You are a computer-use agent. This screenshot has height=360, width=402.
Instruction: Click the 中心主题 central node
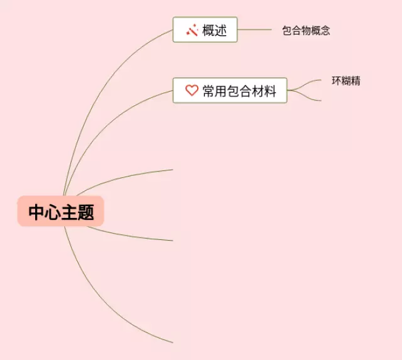pyautogui.click(x=60, y=212)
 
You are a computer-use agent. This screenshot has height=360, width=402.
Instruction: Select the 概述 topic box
pyautogui.click(x=205, y=30)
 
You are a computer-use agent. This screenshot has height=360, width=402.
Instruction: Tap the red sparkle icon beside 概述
pyautogui.click(x=192, y=30)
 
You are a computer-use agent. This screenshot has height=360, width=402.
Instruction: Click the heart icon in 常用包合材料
pyautogui.click(x=192, y=91)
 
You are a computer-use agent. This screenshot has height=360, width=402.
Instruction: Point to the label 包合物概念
pyautogui.click(x=306, y=30)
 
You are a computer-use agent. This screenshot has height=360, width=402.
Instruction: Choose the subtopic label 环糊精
pyautogui.click(x=346, y=81)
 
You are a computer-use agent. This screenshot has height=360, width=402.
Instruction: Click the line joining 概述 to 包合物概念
pyautogui.click(x=254, y=30)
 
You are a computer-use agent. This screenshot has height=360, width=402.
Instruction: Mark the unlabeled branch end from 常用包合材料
pyautogui.click(x=319, y=100)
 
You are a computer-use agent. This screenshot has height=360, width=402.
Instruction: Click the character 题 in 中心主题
pyautogui.click(x=87, y=212)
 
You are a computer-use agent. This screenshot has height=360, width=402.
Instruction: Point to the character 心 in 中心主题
pyautogui.click(x=53, y=212)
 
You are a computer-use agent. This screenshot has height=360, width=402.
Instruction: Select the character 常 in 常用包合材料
pyautogui.click(x=209, y=91)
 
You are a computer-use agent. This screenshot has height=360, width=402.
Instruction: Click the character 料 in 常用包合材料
pyautogui.click(x=270, y=91)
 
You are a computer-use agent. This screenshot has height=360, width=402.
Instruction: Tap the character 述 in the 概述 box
pyautogui.click(x=220, y=30)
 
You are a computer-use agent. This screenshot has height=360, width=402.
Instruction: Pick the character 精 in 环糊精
pyautogui.click(x=356, y=81)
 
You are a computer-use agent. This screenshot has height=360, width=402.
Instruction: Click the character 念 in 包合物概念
pyautogui.click(x=325, y=30)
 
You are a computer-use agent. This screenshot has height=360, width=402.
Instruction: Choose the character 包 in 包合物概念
pyautogui.click(x=287, y=30)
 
